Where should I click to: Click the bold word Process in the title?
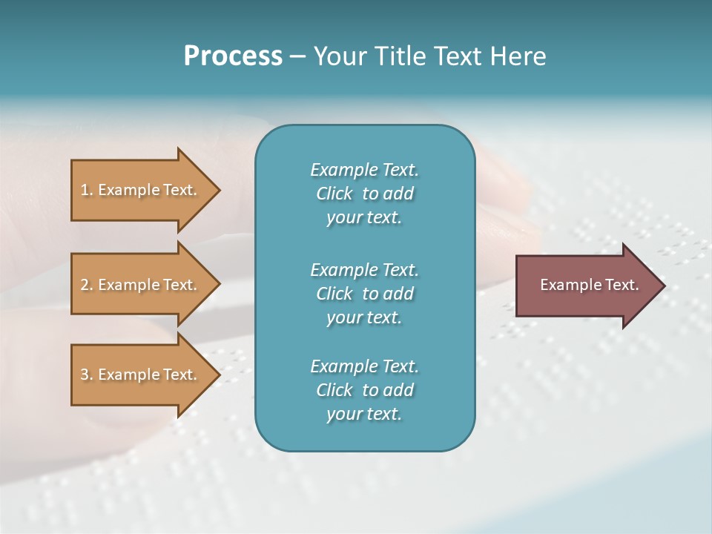233,56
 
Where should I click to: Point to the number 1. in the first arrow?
87,190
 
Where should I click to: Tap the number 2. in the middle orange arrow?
87,285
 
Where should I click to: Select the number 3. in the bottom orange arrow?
87,375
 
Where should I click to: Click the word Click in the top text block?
334,194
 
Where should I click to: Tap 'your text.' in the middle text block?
364,317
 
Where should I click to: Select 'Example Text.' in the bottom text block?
364,366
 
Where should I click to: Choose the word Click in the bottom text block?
334,390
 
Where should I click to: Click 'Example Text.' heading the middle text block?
364,269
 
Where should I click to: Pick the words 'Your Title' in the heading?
366,56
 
